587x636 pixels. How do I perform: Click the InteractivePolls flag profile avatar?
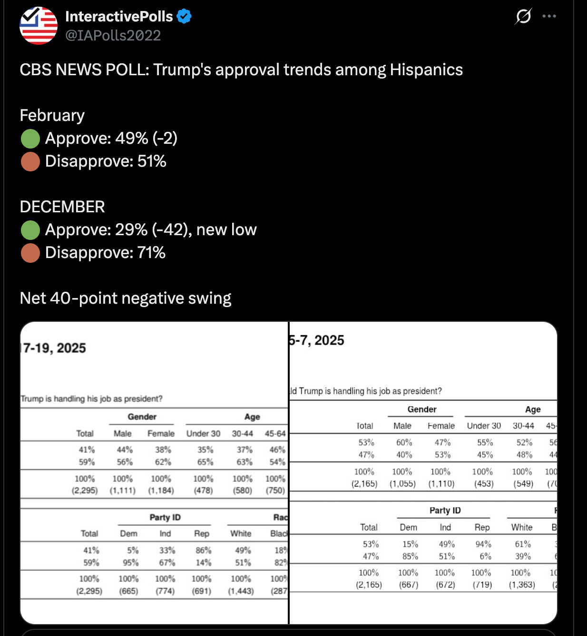tap(39, 26)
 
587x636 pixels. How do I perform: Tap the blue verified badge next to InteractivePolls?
tap(184, 16)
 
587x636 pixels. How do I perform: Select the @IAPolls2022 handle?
tap(113, 36)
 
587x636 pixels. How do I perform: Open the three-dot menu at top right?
tap(549, 16)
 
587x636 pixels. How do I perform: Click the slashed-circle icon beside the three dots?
tap(523, 16)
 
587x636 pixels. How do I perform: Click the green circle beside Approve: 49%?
tap(30, 139)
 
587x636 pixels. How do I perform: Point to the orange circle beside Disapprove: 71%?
tap(30, 253)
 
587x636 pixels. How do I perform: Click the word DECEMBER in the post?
tap(62, 207)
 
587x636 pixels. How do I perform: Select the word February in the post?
tap(52, 115)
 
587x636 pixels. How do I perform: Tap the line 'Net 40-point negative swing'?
tap(126, 298)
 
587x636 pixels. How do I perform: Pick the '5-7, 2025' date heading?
tap(316, 340)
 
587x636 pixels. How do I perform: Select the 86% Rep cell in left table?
tap(203, 550)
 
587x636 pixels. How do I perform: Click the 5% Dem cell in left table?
tap(133, 550)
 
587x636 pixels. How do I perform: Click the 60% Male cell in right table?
tap(404, 442)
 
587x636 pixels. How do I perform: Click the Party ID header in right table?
tap(445, 510)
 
